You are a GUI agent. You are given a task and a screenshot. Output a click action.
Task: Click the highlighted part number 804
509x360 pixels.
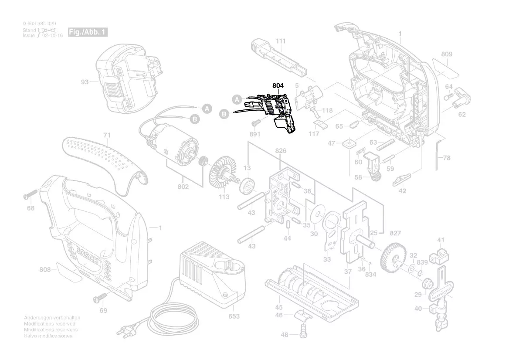278,86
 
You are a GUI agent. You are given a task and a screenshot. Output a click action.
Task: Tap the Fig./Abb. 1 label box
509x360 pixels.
87,33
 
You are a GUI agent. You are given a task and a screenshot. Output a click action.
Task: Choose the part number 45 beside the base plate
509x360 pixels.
279,307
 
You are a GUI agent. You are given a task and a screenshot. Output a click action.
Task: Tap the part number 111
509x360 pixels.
281,41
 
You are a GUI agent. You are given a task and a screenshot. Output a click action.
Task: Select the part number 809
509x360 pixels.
446,54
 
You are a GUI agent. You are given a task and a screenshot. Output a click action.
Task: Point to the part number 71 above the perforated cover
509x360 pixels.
107,136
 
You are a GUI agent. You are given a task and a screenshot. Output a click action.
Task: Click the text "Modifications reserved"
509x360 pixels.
50,324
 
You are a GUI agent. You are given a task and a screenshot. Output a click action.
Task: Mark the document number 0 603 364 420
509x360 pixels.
39,24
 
